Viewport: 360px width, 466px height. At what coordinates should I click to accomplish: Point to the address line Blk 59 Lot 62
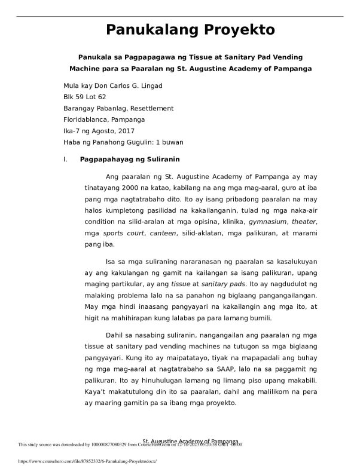85,97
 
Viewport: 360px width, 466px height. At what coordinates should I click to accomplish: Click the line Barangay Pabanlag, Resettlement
118,108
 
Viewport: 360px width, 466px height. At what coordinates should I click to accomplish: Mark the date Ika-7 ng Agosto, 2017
99,131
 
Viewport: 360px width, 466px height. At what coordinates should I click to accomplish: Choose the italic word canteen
163,233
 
